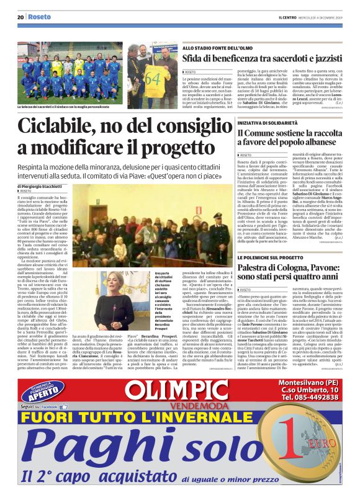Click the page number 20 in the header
pos(20,17)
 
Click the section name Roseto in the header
pos(39,17)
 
